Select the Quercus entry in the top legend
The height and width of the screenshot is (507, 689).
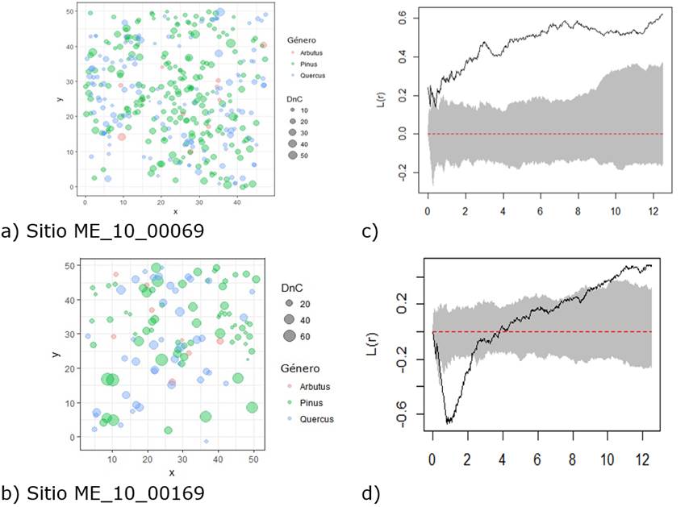tap(311, 75)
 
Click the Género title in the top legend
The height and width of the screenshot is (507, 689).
tap(301, 39)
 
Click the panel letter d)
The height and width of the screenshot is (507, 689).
tap(370, 492)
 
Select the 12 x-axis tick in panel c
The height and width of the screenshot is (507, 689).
tap(655, 210)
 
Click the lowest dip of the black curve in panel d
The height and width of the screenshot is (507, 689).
tap(449, 422)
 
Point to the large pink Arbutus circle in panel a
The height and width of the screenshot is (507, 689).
tap(122, 136)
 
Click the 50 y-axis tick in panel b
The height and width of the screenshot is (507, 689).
tap(73, 265)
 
